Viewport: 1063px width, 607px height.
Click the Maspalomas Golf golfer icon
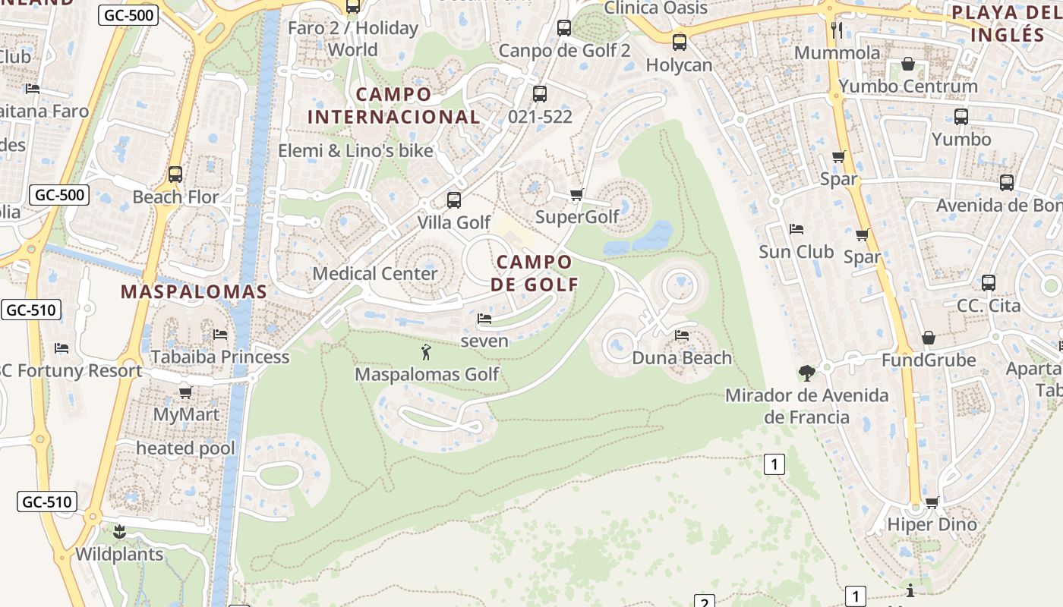point(426,351)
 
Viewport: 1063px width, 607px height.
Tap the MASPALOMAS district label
point(194,292)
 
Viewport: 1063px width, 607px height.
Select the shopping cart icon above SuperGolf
point(576,195)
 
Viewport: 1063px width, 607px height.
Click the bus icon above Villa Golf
point(454,200)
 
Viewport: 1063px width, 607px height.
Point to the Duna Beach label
point(682,357)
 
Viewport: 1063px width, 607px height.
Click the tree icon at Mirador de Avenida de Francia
point(806,373)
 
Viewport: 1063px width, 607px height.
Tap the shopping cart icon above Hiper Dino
point(932,502)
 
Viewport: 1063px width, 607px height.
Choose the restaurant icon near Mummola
point(837,30)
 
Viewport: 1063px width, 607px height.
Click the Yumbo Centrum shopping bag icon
point(908,64)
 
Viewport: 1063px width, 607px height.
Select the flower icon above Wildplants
point(118,531)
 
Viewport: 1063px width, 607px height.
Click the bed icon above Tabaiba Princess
point(220,334)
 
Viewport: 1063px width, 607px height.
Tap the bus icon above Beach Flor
point(175,174)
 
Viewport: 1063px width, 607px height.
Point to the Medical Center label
point(375,273)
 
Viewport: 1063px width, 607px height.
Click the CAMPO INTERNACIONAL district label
point(393,105)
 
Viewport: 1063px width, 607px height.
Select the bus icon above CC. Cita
point(989,283)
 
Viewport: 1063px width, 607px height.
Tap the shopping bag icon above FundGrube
point(929,338)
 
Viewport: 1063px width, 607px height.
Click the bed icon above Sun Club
point(796,228)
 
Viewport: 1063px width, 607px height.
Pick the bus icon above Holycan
point(680,42)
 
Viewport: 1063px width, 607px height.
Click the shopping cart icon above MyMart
point(185,393)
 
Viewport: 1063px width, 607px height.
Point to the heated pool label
point(185,448)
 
